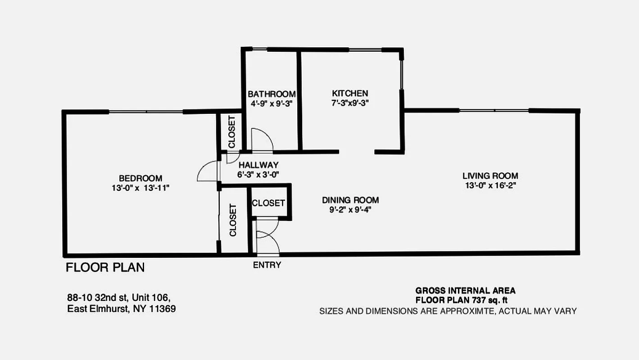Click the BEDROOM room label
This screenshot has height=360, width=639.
tap(140, 178)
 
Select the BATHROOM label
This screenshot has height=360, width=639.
tap(272, 94)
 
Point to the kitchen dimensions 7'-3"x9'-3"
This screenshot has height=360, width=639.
tap(350, 103)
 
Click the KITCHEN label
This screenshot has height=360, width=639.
tap(350, 94)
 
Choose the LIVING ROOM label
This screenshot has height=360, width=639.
tap(490, 176)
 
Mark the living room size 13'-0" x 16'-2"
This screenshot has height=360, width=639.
tap(490, 185)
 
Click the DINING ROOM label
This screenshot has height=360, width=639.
tap(350, 200)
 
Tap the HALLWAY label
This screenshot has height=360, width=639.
tap(258, 165)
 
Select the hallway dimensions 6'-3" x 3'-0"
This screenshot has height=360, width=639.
tap(258, 175)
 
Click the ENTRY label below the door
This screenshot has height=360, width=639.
tap(267, 265)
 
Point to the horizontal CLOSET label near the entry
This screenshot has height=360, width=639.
tap(268, 203)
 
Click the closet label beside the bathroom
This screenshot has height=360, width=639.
tap(231, 132)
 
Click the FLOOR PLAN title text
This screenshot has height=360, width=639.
tap(105, 268)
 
